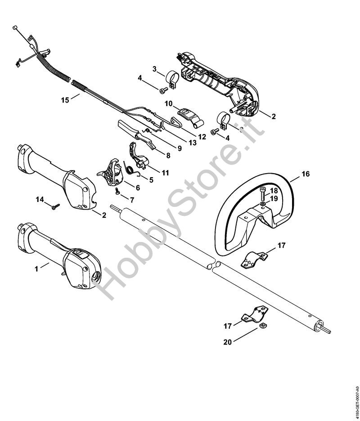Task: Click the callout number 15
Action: tap(65, 100)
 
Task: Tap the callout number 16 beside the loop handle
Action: tap(306, 174)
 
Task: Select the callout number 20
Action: tap(227, 342)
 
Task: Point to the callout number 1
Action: tap(36, 269)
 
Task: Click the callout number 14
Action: tap(40, 200)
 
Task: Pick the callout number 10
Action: tap(168, 103)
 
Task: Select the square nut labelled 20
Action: tap(262, 326)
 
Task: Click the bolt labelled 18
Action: tap(263, 194)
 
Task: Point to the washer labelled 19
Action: tap(262, 205)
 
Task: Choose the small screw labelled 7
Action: tap(117, 190)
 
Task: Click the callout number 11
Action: tap(165, 173)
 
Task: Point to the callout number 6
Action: tap(138, 188)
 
